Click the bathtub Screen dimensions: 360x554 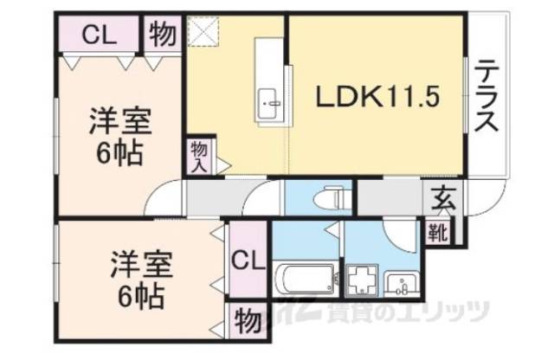click(x=304, y=280)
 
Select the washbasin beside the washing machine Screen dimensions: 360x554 click(x=400, y=281)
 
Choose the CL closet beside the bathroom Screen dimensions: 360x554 click(x=247, y=260)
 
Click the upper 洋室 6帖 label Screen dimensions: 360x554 click(x=119, y=139)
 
